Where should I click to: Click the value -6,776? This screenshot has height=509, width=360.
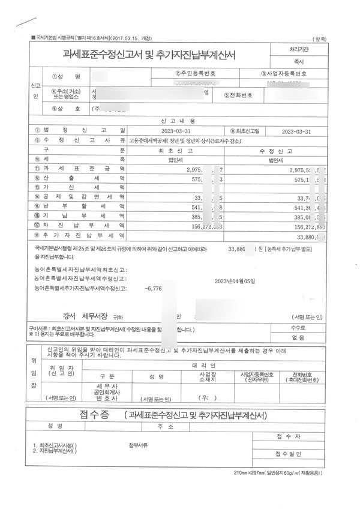click(x=154, y=289)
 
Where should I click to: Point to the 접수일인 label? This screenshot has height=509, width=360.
click(x=292, y=454)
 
